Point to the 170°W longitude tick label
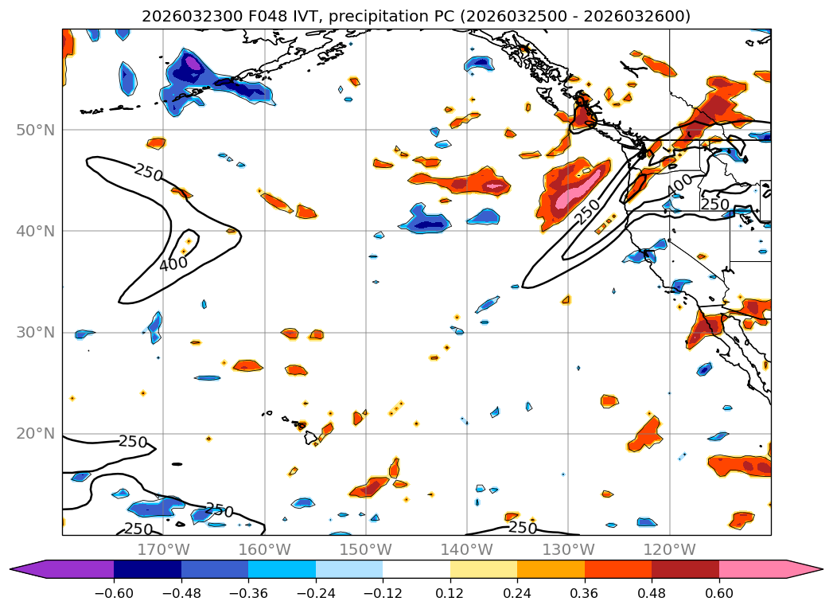point(163,549)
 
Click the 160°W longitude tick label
point(264,549)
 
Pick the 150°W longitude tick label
point(365,549)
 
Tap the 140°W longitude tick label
point(466,549)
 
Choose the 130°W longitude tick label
point(567,549)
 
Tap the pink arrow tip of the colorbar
point(812,569)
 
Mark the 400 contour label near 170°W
point(173,264)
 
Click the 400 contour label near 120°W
point(679,184)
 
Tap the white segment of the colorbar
point(416,569)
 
